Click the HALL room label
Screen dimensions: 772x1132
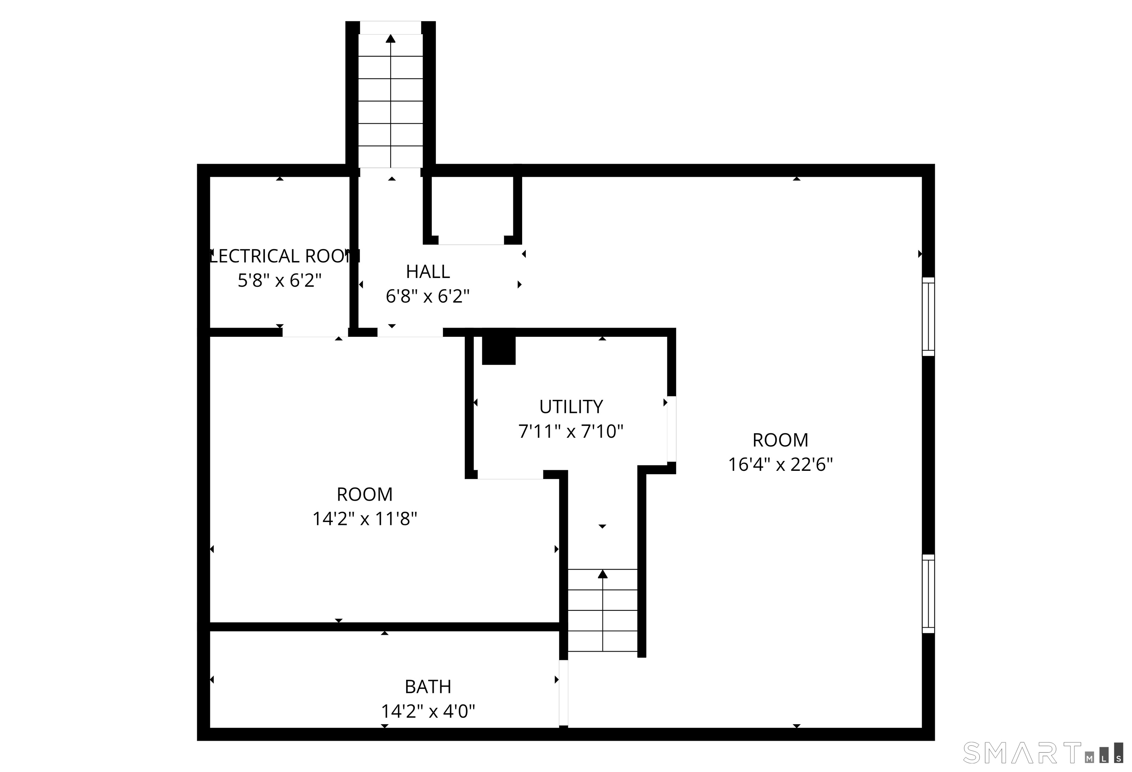coord(428,272)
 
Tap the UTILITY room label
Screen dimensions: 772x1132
coord(571,406)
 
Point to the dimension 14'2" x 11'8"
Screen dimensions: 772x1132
coord(364,519)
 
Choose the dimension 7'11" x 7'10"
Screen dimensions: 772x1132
coord(571,431)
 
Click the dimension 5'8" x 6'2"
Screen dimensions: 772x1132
coord(280,281)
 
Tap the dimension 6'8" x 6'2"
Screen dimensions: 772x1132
coord(428,296)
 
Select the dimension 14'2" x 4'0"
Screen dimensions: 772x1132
coord(428,711)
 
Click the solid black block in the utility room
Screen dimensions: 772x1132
coord(498,350)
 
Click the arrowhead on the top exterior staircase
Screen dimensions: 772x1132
coord(391,38)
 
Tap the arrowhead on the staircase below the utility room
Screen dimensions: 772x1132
coord(602,574)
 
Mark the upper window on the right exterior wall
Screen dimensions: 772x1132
coord(928,316)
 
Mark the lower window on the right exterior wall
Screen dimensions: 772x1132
coord(928,593)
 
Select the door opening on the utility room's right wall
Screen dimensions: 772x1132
coord(671,429)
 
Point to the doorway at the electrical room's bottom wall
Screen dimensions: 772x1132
coord(315,332)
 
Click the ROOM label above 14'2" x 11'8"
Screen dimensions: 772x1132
coord(364,494)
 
